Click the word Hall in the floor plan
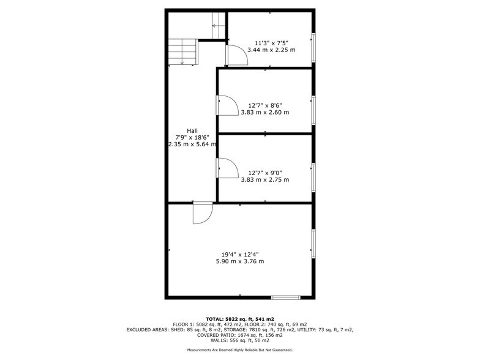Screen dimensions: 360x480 pyautogui.click(x=192, y=130)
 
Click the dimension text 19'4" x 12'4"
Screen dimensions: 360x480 pyautogui.click(x=239, y=254)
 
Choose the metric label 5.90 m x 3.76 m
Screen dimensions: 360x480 pyautogui.click(x=239, y=261)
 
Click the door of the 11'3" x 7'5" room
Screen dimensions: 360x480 pyautogui.click(x=236, y=55)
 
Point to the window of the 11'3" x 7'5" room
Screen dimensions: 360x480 pyautogui.click(x=313, y=47)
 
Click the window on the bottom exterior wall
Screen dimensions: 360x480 pyautogui.click(x=286, y=298)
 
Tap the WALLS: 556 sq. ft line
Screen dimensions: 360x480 pyautogui.click(x=240, y=340)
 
